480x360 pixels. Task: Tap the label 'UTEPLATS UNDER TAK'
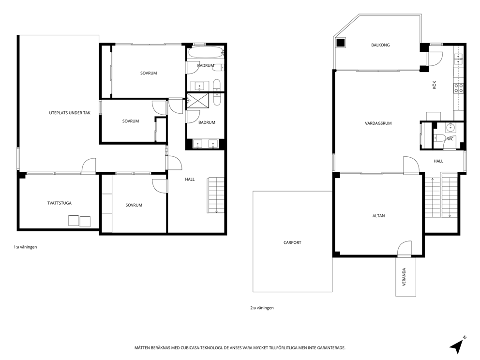point(70,113)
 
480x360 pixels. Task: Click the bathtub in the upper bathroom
point(206,52)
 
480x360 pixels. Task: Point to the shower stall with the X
point(198,100)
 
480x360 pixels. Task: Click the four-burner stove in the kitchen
point(458,88)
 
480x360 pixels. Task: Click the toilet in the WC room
point(439,139)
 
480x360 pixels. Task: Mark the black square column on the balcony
point(341,43)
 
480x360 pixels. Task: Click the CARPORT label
point(292,242)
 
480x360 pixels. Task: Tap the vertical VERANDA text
point(404,276)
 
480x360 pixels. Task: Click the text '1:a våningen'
point(25,247)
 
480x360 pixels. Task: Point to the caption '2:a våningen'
point(262,308)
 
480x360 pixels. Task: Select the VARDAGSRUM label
point(378,123)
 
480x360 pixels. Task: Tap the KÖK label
point(434,85)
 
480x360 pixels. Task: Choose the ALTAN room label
point(378,216)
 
